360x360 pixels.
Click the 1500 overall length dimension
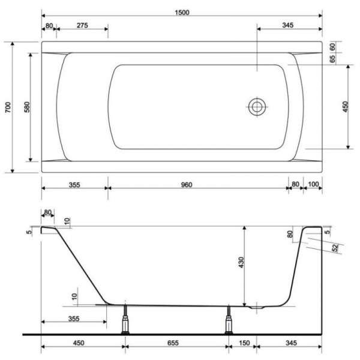182,13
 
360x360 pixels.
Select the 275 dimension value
82,25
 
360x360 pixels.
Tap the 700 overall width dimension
8,107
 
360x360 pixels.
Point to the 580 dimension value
27,107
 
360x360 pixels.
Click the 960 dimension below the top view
187,185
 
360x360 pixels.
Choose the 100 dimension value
313,184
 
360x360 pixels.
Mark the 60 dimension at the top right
332,47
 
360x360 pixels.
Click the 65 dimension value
332,59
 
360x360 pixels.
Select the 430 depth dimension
241,262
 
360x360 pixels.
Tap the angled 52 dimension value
335,248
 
